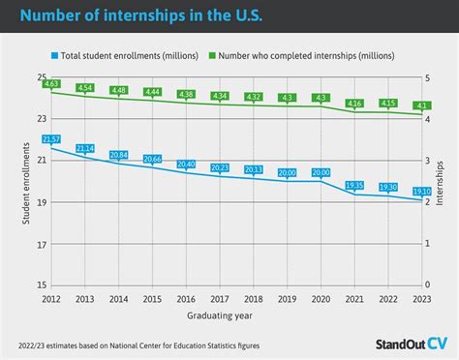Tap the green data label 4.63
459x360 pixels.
point(51,85)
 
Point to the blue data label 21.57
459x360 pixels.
point(51,140)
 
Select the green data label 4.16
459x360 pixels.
point(354,103)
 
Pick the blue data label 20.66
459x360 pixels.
point(153,158)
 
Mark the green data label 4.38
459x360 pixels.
point(187,94)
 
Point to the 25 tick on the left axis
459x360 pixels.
point(41,77)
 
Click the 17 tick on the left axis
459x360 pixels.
point(41,244)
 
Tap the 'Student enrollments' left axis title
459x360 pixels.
point(25,181)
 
